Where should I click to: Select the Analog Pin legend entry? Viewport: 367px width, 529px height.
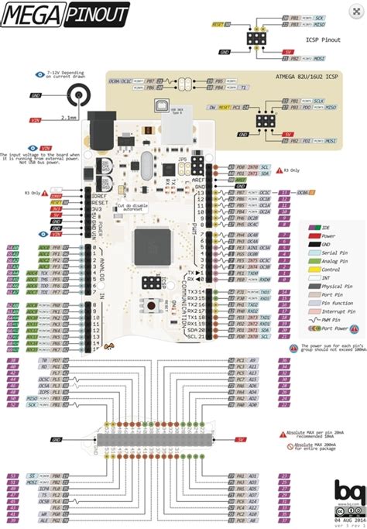(x=334, y=260)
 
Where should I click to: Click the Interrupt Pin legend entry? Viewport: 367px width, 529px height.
(x=337, y=311)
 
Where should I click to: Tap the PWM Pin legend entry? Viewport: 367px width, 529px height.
(x=334, y=319)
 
